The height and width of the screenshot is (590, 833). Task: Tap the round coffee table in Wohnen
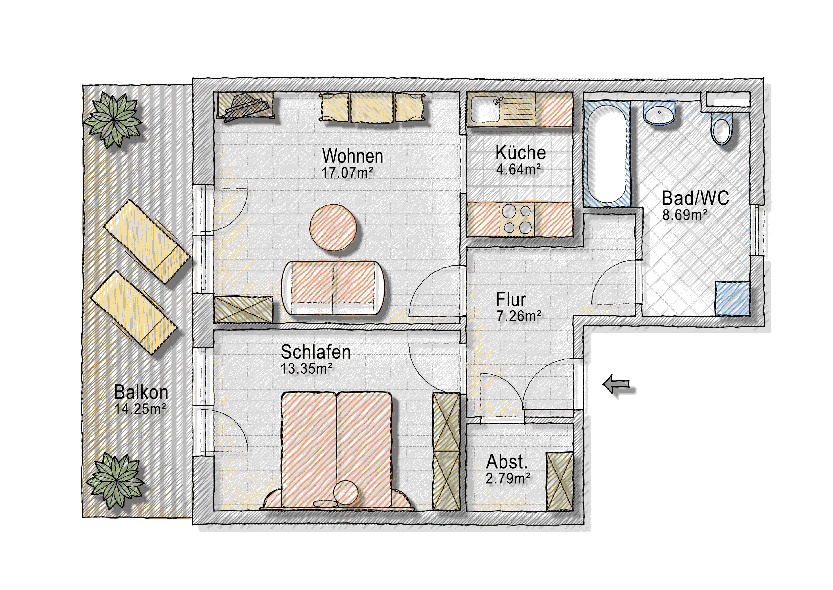click(x=333, y=227)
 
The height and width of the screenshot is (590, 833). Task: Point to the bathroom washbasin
click(x=659, y=113)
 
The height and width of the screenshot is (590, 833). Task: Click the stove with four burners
click(x=517, y=219)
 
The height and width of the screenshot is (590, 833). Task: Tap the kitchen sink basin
click(x=485, y=109)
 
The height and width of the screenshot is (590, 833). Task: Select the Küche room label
click(x=520, y=153)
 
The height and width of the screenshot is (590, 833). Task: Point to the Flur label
click(x=511, y=299)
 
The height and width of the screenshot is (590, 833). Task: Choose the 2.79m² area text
click(x=508, y=478)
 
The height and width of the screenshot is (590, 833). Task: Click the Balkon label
click(x=141, y=392)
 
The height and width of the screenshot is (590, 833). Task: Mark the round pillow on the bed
click(x=346, y=492)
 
